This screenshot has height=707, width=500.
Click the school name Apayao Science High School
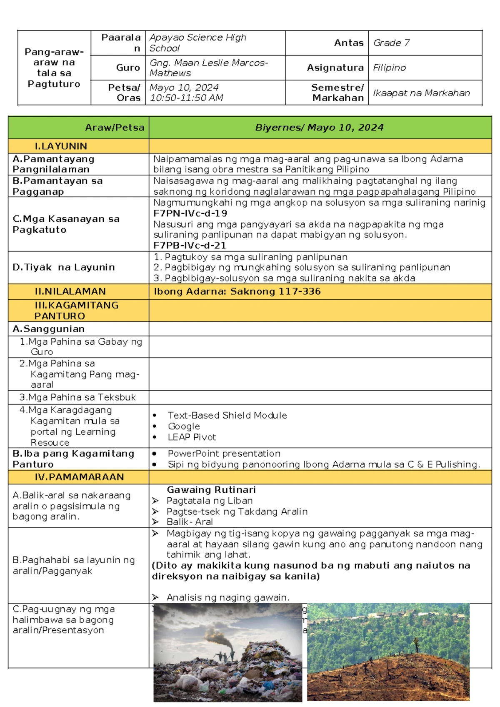point(197,43)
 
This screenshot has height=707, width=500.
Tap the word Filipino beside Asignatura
point(389,68)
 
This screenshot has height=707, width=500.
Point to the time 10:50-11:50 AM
point(186,98)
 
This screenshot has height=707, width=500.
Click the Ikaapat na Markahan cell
point(421,93)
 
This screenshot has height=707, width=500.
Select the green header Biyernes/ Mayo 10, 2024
point(319,128)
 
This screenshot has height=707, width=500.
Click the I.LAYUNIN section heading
point(61,146)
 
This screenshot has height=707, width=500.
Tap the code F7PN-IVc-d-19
point(190,213)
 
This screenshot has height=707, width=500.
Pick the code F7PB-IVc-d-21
point(190,246)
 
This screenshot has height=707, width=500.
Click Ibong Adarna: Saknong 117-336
point(237,291)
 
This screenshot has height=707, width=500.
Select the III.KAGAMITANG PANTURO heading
point(76,311)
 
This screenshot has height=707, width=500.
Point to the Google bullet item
point(184,426)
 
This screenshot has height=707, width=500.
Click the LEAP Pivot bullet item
point(192,437)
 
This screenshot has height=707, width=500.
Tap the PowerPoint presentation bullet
point(224,454)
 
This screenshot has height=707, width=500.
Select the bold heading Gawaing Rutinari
point(211,490)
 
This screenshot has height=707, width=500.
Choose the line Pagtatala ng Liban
point(209,501)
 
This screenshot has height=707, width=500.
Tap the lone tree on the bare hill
point(415,644)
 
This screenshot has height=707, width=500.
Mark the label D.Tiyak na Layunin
point(63,267)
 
